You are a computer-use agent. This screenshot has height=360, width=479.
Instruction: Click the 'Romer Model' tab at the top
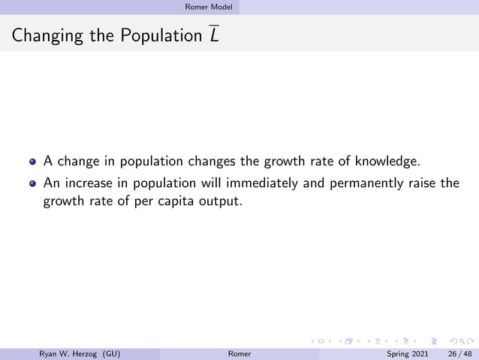(x=213, y=7)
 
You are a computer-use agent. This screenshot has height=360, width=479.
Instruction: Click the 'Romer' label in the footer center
(x=239, y=353)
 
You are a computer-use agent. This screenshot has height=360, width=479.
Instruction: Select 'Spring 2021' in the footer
(x=408, y=353)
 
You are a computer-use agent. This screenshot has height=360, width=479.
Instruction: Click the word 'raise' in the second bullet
(x=423, y=183)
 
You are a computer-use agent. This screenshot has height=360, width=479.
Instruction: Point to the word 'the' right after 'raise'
(x=450, y=183)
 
